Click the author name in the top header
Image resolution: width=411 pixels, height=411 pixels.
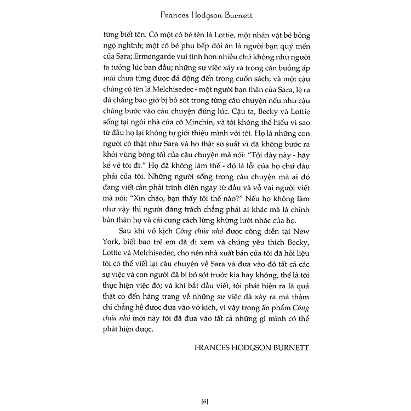(x=206, y=10)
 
